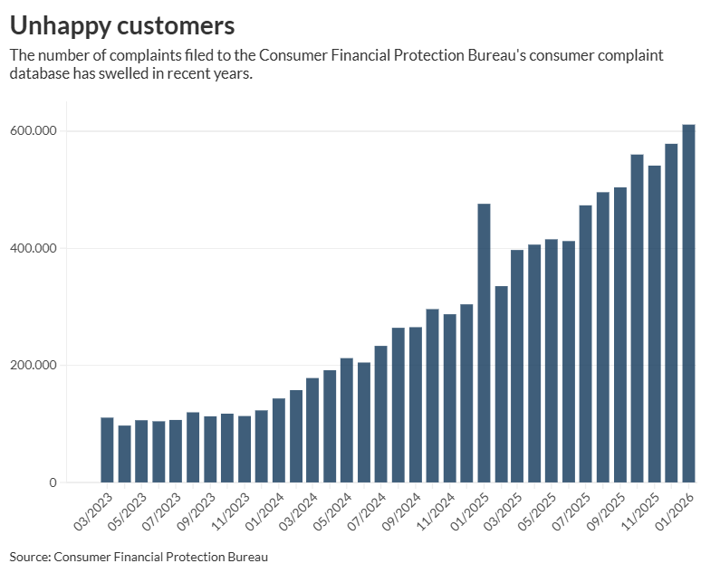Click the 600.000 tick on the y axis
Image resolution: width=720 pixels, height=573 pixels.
coord(34,131)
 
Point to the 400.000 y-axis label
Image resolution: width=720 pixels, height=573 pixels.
coord(34,248)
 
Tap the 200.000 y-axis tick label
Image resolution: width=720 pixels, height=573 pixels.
coord(34,366)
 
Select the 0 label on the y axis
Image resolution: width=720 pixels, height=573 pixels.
coord(53,482)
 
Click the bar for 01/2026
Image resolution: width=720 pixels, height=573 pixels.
coord(688,303)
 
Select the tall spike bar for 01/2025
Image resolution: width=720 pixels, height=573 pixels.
coord(484,343)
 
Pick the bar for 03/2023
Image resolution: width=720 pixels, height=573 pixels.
coord(107,450)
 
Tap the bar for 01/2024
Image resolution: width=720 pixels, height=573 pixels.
coord(262,446)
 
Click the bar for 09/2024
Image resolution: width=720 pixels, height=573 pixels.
coord(398,405)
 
